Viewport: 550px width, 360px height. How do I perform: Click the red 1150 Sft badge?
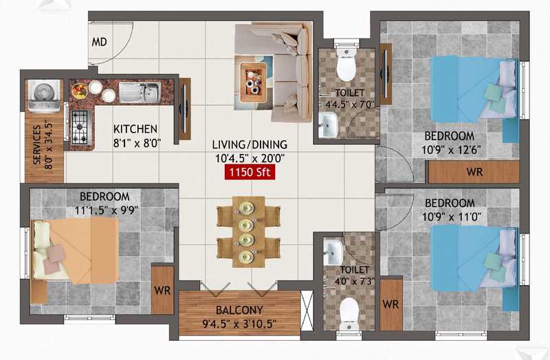250,172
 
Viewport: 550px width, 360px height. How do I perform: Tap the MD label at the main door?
99,42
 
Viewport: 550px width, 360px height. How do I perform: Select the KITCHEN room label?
135,129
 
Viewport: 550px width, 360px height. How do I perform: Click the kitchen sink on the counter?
140,92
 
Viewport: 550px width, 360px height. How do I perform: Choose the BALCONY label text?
239,311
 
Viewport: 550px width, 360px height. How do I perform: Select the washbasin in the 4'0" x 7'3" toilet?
332,252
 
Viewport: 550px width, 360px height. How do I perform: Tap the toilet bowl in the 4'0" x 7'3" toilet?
349,313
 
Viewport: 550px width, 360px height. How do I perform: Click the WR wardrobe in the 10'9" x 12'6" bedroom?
474,172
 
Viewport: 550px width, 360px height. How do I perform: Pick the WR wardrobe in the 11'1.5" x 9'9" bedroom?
162,290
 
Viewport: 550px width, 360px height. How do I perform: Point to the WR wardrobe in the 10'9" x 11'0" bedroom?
390,304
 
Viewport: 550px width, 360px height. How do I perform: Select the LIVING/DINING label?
250,144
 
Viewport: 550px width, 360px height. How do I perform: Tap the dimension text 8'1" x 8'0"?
137,143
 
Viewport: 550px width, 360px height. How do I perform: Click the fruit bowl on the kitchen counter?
80,90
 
